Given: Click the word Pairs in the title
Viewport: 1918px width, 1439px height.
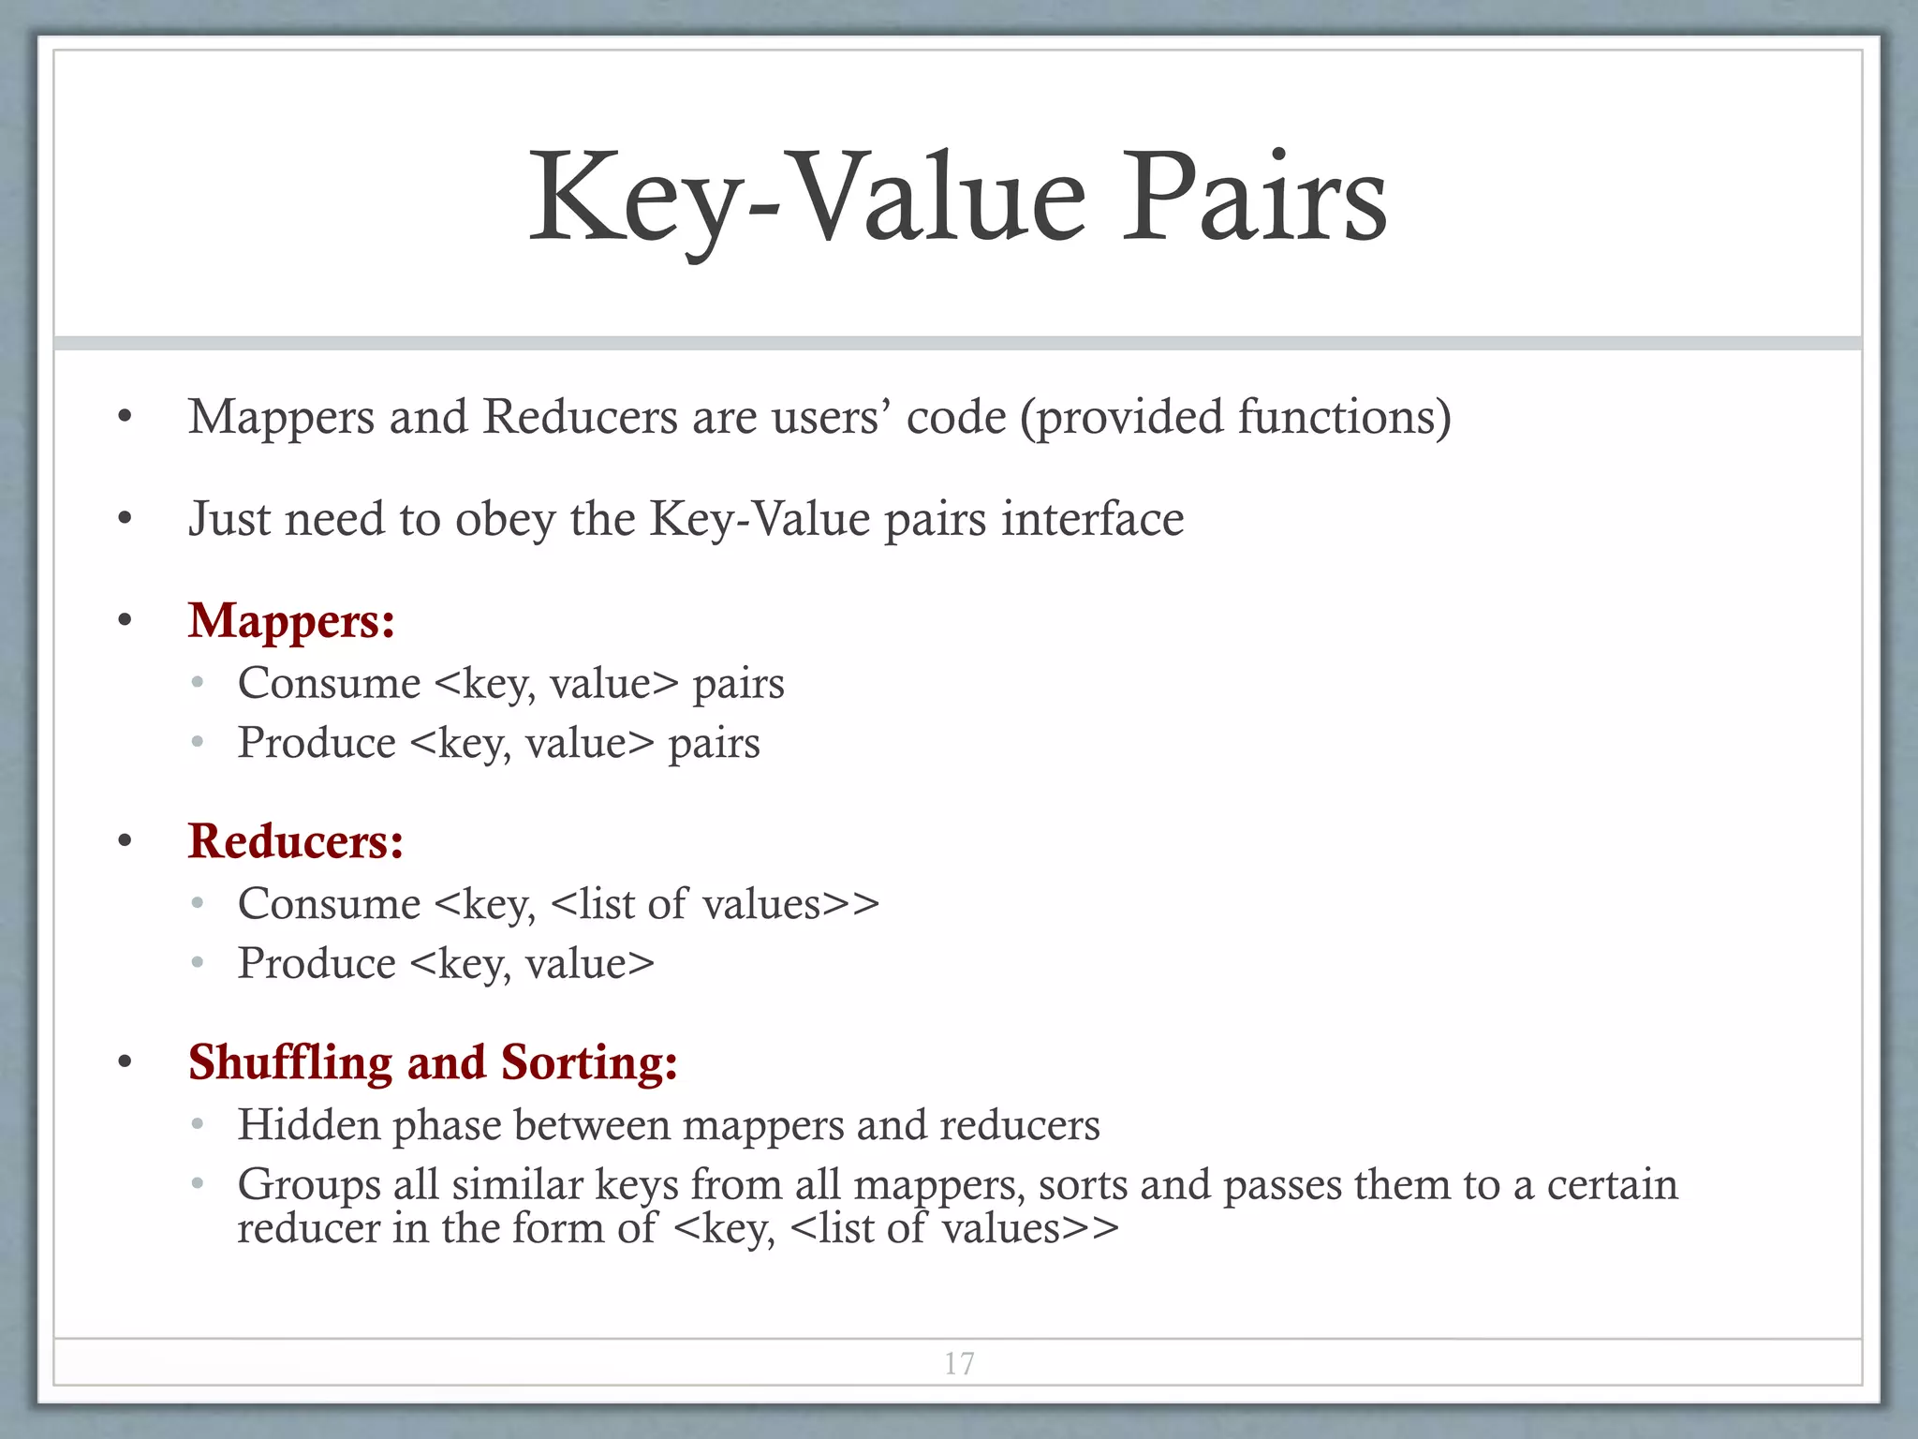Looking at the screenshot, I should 1254,199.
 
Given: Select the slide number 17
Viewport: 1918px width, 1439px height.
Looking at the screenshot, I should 959,1363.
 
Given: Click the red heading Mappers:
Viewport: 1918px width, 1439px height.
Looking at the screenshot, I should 291,621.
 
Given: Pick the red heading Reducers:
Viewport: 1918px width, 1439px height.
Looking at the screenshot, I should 296,841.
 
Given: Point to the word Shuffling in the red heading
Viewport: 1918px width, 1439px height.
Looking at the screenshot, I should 289,1063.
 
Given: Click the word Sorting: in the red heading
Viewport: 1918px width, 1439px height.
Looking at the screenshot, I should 589,1063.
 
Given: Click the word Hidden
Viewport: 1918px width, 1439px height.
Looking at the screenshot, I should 308,1124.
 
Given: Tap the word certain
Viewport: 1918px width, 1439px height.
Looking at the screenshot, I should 1612,1185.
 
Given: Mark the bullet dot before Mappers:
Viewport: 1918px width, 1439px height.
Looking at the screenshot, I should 125,621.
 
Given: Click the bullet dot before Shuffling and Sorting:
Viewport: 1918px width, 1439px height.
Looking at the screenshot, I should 125,1062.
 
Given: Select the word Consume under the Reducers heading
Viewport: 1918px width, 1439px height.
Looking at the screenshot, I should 329,904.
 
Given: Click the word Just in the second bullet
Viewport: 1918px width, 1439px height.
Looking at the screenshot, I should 229,519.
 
